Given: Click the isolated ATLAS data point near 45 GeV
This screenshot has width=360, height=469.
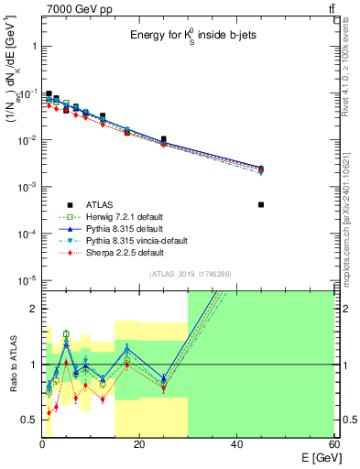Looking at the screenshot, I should pos(261,204).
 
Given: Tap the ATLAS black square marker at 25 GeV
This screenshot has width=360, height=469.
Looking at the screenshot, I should pos(164,139).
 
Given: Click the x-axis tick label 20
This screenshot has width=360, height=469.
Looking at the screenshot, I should pos(139,444).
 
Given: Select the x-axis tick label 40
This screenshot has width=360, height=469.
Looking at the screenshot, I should pos(237,444).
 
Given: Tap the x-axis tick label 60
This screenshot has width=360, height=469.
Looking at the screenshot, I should pos(334,444).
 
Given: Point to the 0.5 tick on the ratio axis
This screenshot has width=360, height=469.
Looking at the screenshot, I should pos(29,420).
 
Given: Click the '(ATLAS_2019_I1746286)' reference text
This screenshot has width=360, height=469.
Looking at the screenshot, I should pos(190,274).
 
